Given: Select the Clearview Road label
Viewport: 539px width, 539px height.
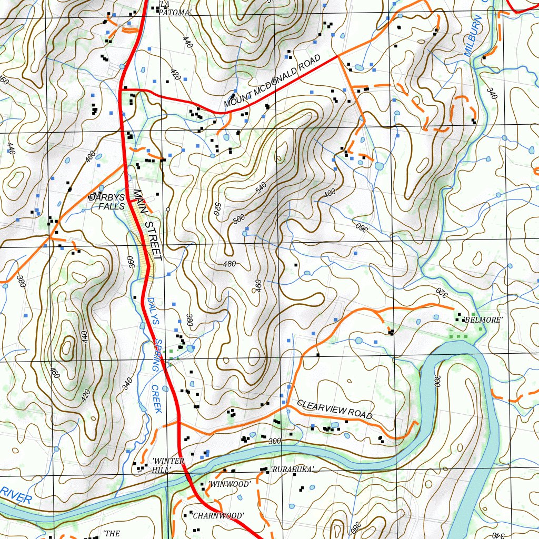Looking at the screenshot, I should pos(335,410).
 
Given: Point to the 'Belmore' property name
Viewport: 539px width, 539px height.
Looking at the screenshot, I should pos(483,320).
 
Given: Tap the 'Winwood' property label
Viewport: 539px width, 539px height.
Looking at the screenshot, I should pos(228,483).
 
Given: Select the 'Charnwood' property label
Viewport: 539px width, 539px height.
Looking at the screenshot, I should pos(217,515).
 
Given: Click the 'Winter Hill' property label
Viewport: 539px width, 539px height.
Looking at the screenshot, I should pos(167,465).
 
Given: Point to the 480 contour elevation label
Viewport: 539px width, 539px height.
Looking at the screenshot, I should pos(229,264).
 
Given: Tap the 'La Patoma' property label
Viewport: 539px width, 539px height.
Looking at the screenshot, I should pos(173,9).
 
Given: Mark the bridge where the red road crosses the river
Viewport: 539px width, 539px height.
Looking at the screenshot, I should pos(188,477).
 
